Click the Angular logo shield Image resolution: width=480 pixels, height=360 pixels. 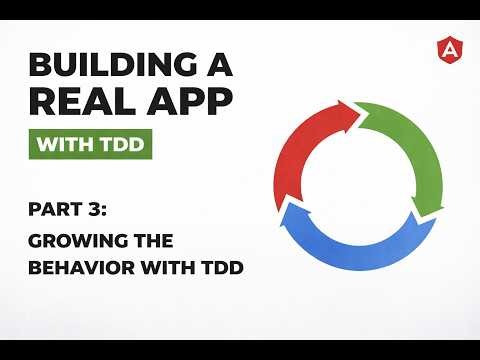(x=447, y=47)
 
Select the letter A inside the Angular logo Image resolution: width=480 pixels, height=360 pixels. (x=447, y=47)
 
